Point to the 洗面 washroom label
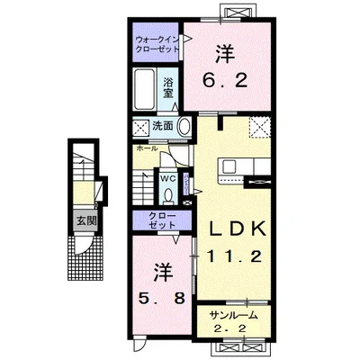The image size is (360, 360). (x=161, y=125)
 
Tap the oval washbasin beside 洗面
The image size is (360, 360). (x=183, y=126)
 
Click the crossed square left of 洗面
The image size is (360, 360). (x=140, y=126)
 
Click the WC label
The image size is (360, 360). (x=168, y=177)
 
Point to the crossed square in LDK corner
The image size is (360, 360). (x=260, y=128)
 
